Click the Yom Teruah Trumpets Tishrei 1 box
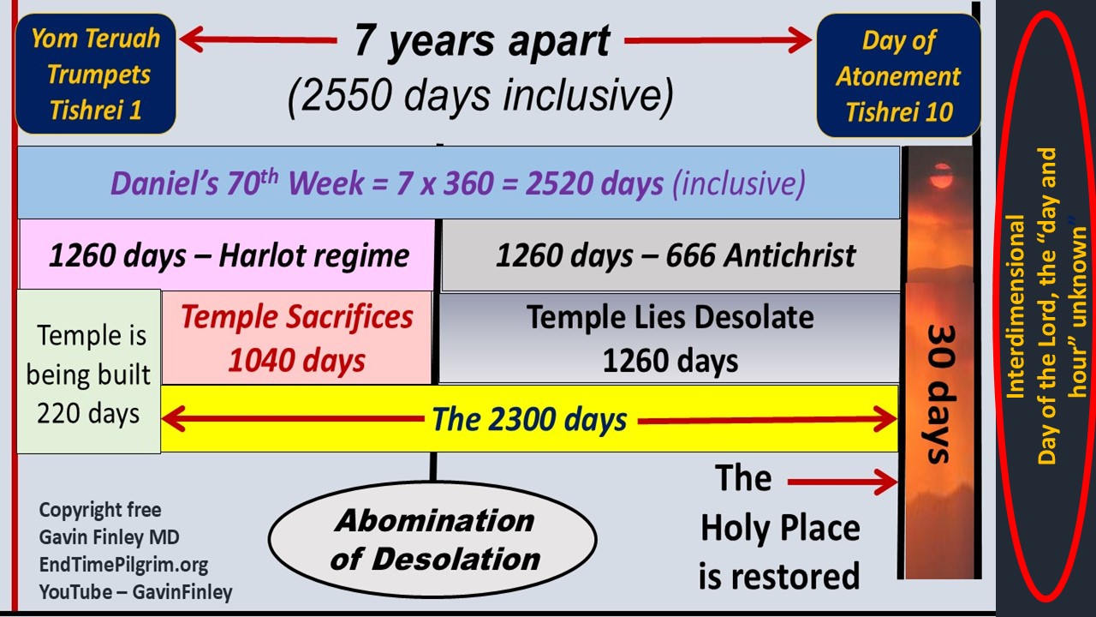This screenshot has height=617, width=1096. click(x=95, y=74)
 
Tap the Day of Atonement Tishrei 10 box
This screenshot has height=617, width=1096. click(x=898, y=75)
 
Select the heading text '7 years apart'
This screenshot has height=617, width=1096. click(x=482, y=41)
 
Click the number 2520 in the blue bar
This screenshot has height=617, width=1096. click(x=557, y=184)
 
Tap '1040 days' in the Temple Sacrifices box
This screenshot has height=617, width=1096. click(x=296, y=361)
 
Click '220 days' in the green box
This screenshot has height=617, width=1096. click(x=88, y=413)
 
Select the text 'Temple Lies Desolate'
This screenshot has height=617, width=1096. click(x=670, y=317)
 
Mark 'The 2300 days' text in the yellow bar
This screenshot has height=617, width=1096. click(x=529, y=419)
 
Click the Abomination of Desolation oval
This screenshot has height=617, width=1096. click(x=432, y=539)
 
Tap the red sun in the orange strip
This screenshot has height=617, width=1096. click(x=941, y=177)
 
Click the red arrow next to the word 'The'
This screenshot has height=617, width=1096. click(x=842, y=482)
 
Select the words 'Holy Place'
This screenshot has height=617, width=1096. click(x=780, y=529)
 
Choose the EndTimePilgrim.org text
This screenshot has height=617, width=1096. click(x=123, y=565)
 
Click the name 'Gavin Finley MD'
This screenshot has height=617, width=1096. click(x=109, y=537)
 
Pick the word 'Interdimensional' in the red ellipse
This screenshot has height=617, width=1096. click(x=1016, y=306)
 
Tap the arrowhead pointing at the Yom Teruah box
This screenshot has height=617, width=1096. click(x=192, y=39)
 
